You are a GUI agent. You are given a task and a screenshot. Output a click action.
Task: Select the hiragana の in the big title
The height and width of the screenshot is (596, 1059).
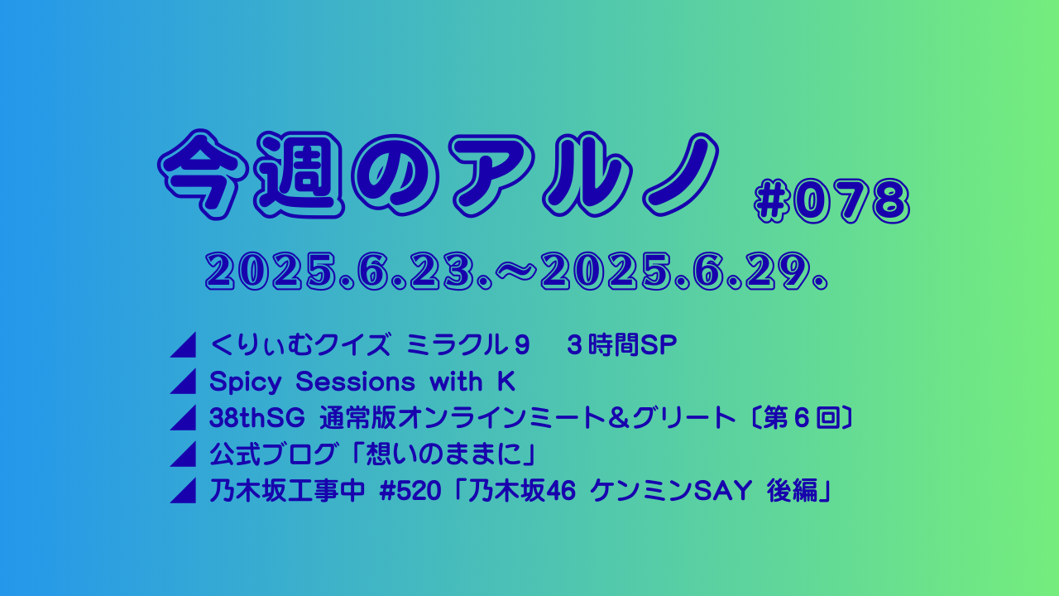(x=397, y=175)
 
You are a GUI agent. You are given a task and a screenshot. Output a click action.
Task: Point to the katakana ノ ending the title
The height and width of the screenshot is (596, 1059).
(x=680, y=174)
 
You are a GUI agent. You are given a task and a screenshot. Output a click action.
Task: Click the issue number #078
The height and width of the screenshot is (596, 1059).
(x=831, y=201)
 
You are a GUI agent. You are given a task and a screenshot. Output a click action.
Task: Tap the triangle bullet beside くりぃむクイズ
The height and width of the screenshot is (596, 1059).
(x=183, y=345)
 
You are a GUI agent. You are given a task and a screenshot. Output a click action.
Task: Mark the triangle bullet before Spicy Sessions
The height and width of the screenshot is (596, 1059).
(x=183, y=382)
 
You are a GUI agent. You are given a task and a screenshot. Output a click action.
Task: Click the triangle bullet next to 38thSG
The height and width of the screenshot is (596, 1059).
(x=183, y=418)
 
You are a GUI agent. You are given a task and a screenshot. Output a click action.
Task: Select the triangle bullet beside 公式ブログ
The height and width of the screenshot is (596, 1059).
(x=183, y=454)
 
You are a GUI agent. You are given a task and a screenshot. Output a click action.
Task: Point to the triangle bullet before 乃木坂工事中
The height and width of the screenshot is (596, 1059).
(x=183, y=491)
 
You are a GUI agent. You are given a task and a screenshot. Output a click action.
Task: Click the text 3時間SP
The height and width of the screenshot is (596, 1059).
(x=621, y=345)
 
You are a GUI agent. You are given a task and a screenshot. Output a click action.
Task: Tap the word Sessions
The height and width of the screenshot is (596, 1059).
(x=356, y=382)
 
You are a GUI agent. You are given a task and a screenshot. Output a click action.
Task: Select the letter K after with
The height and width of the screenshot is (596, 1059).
(x=506, y=382)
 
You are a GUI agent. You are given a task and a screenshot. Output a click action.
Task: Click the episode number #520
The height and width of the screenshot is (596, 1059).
(x=410, y=491)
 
